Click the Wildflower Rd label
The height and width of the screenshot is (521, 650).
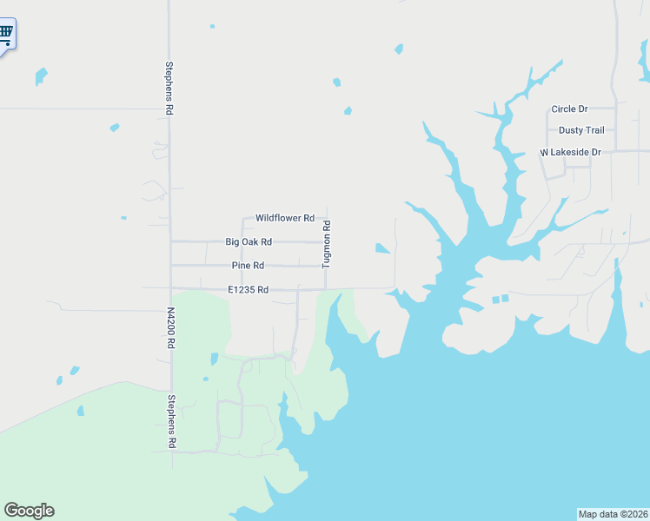click(x=284, y=218)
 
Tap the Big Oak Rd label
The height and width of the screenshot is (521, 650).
click(x=249, y=241)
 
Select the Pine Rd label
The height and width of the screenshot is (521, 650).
click(x=248, y=265)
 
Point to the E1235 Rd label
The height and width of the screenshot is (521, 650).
click(x=248, y=289)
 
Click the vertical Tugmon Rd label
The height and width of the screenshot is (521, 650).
click(x=327, y=244)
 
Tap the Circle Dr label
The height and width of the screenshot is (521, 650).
click(x=569, y=109)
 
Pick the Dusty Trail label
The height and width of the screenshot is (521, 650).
click(x=581, y=130)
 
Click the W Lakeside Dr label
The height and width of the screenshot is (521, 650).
click(x=571, y=152)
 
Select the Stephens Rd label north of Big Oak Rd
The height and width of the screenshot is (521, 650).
click(x=170, y=88)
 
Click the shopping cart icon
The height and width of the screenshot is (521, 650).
click(x=6, y=34)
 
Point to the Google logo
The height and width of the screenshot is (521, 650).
click(x=29, y=511)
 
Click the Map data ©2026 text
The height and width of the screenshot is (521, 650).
click(x=613, y=514)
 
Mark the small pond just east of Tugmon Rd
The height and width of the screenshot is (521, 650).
click(x=381, y=249)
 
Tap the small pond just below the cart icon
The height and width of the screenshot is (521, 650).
click(x=40, y=76)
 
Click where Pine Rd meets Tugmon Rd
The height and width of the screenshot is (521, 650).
click(x=326, y=265)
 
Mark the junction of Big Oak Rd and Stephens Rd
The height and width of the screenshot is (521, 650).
click(x=170, y=241)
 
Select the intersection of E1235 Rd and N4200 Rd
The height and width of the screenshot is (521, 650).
click(x=170, y=288)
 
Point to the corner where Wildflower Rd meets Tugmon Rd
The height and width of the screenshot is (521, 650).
click(x=326, y=218)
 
